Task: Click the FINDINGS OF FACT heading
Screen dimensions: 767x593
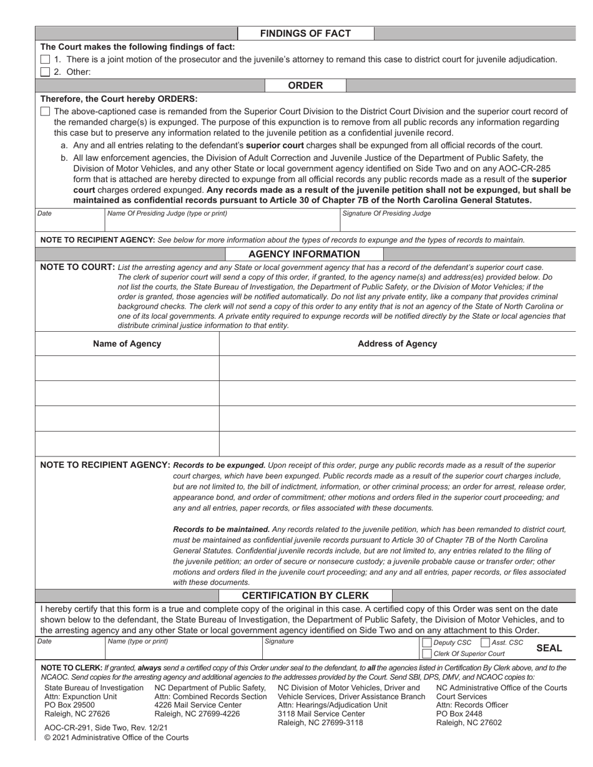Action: pos(305,34)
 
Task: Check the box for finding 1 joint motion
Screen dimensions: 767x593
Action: pos(45,59)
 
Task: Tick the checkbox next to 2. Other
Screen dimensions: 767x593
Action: pos(45,72)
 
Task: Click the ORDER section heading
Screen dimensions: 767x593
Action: pos(305,85)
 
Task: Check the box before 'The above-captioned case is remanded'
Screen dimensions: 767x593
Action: pos(45,112)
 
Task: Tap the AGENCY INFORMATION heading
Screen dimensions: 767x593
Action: pos(304,254)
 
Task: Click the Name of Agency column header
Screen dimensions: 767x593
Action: pos(127,344)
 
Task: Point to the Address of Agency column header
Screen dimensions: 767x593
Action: pos(397,344)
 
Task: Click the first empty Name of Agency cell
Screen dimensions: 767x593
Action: pos(127,368)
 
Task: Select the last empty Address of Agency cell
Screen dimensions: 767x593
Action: pos(397,443)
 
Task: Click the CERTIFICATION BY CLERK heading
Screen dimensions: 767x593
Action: pos(305,596)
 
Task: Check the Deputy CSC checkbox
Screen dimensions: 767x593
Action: pos(427,643)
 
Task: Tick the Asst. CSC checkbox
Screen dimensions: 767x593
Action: pos(485,643)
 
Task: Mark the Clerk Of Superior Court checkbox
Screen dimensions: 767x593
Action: pos(427,654)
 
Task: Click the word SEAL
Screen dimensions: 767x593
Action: pos(549,648)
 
